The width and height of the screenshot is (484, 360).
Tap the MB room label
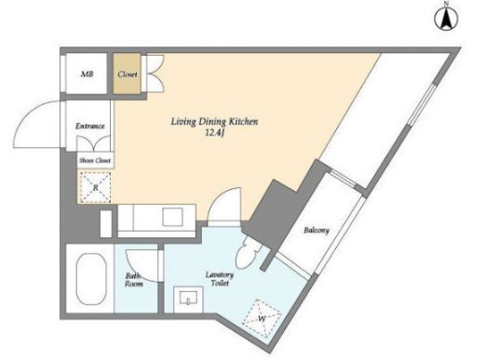pos(87,74)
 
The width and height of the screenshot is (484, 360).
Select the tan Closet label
pos(128,74)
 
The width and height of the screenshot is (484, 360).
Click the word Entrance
pos(90,127)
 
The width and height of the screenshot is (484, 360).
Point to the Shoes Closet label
pos(95,161)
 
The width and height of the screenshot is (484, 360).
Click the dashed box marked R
pos(96,187)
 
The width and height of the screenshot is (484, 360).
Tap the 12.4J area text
pos(214,133)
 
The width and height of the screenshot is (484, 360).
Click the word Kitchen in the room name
pos(243,121)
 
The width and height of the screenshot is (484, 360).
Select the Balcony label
pos(316,231)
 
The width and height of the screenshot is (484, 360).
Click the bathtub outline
pos(91,279)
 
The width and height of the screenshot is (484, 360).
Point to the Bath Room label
pos(134,280)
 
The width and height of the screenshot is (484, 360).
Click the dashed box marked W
pos(262,318)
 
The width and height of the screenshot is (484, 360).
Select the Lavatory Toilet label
pos(220,279)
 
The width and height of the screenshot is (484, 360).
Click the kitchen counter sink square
pos(173,217)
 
